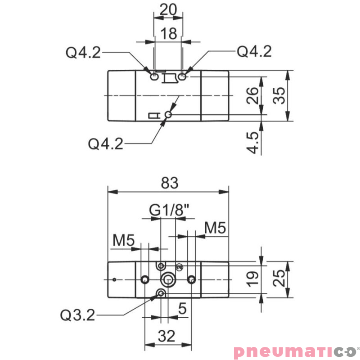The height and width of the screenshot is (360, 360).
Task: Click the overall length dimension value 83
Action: tap(169, 184)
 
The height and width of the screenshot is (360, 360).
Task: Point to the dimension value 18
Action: tap(169, 35)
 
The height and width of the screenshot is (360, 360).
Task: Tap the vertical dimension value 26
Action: tap(253, 95)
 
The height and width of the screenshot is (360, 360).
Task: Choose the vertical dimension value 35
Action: tap(279, 95)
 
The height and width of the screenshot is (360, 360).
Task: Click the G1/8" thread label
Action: tap(169, 210)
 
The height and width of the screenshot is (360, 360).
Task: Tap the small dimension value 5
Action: tap(182, 309)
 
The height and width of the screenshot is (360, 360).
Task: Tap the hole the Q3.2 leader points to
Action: tap(161, 294)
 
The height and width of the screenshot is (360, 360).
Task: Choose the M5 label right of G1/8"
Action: tap(215, 228)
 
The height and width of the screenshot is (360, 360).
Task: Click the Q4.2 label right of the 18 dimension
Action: tap(254, 52)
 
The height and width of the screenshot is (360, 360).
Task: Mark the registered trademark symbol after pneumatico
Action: tap(358, 347)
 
